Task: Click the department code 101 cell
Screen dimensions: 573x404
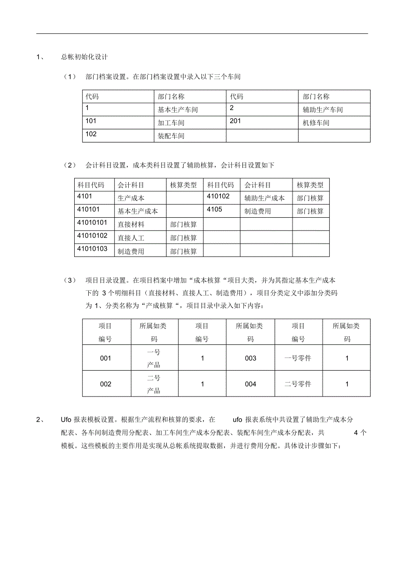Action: (x=91, y=121)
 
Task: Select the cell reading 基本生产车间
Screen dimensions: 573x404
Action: (x=178, y=110)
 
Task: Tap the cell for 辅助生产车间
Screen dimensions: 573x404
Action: (x=323, y=110)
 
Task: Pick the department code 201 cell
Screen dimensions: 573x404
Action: (x=235, y=121)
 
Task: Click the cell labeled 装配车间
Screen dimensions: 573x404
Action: (x=171, y=136)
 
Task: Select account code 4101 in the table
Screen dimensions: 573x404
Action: (x=85, y=196)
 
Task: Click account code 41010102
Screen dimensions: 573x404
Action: (x=92, y=236)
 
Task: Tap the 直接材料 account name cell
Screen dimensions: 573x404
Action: (x=131, y=225)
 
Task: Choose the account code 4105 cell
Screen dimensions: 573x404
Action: (x=214, y=209)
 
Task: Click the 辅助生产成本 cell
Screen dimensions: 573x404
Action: (x=264, y=198)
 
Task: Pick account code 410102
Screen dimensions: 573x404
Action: (x=218, y=196)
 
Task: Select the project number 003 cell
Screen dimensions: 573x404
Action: (x=250, y=358)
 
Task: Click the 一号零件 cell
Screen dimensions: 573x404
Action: (x=298, y=358)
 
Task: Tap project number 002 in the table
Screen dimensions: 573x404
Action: (x=106, y=384)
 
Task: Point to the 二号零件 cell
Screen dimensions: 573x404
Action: (x=298, y=384)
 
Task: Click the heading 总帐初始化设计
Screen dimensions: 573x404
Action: (x=84, y=57)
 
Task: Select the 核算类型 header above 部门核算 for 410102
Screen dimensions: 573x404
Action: (x=310, y=185)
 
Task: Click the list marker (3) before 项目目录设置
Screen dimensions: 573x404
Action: (x=69, y=280)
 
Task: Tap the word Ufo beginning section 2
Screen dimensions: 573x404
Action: (x=66, y=420)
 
